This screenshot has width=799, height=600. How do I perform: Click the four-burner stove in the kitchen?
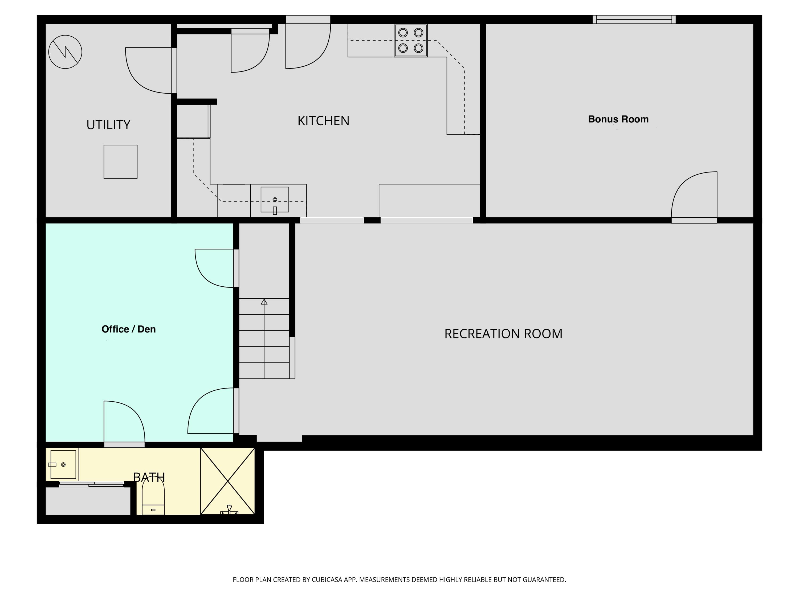point(411,41)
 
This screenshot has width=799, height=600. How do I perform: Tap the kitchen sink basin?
point(275,199)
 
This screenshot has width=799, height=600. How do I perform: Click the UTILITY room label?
point(108,125)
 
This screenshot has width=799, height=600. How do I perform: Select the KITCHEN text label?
point(323,121)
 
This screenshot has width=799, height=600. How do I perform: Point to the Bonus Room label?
point(618,119)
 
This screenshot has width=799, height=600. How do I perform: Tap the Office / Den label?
point(129,329)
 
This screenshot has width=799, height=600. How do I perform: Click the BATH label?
point(149,477)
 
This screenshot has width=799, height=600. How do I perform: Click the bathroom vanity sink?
point(63,464)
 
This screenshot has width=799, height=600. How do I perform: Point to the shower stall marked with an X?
point(227,481)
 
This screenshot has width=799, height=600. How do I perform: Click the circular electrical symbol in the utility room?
point(65,52)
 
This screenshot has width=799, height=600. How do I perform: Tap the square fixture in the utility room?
point(120,162)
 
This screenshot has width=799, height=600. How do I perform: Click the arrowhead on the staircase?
point(264,302)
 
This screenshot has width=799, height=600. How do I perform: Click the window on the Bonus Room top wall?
point(634,19)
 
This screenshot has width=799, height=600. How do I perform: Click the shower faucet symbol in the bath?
point(229,510)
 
